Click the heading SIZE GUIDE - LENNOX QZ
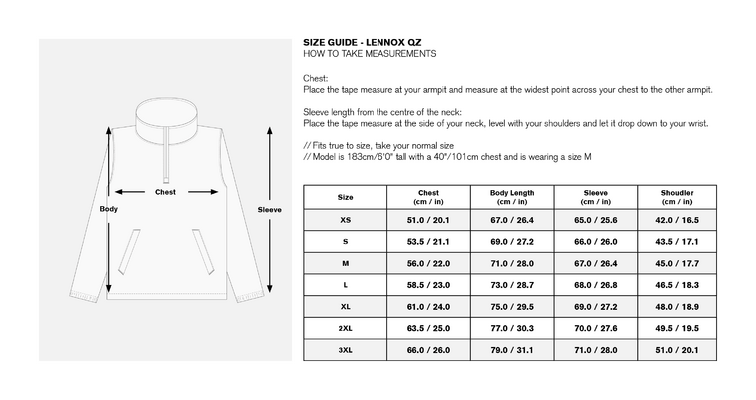point(363,42)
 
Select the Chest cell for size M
point(428,263)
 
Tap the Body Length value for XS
point(512,220)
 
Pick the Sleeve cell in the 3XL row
point(596,350)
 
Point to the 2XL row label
point(345,328)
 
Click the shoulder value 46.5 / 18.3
point(677,285)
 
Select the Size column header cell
point(345,197)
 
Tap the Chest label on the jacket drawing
point(165,192)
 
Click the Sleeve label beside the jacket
point(269,209)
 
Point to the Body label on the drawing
point(109,209)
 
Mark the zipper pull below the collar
point(166,180)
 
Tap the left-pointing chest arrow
point(130,192)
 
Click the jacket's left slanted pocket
point(129,252)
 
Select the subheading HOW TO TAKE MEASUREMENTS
point(370,54)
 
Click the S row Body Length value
point(512,242)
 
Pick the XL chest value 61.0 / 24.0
point(428,306)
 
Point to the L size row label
point(345,285)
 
